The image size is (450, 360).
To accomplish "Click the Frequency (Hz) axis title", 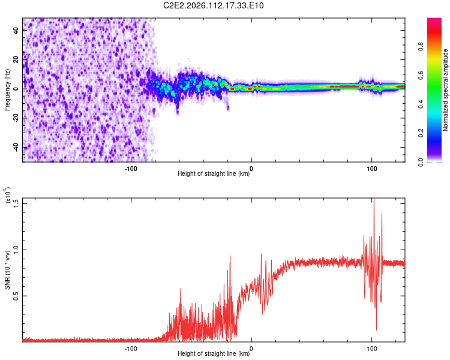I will pyautogui.click(x=7, y=90).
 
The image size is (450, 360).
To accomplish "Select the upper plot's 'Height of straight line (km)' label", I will pyautogui.click(x=214, y=173).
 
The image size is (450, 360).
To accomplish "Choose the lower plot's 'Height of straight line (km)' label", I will pyautogui.click(x=214, y=353).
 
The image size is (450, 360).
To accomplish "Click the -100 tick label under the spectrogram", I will pyautogui.click(x=131, y=169).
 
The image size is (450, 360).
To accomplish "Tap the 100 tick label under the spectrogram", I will pyautogui.click(x=371, y=169).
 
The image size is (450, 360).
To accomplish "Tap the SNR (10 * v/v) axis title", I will pyautogui.click(x=7, y=270).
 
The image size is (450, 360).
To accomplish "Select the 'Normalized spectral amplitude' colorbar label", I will pyautogui.click(x=445, y=90).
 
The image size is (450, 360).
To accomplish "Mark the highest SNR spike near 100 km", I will pyautogui.click(x=373, y=200).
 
